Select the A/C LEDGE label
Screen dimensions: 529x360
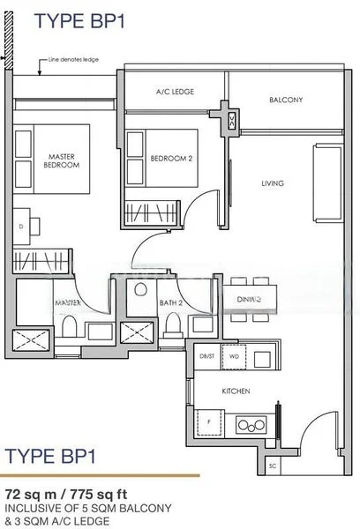click(x=175, y=92)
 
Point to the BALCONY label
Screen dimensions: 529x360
click(x=285, y=100)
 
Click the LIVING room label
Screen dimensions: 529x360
click(x=272, y=183)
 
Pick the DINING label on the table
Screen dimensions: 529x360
click(x=250, y=300)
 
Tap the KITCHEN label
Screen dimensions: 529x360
click(x=236, y=390)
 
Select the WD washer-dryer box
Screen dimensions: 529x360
click(x=233, y=356)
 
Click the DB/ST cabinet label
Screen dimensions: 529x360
click(x=206, y=356)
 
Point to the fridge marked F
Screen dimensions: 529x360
click(x=210, y=422)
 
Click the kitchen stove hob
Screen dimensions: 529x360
click(x=251, y=426)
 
